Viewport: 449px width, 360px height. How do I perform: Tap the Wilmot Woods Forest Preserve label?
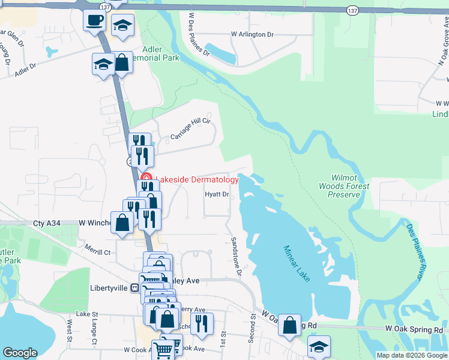pyautogui.click(x=351, y=186)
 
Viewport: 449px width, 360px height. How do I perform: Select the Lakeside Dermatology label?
pyautogui.click(x=197, y=179)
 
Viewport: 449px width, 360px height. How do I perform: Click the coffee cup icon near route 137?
pyautogui.click(x=95, y=20)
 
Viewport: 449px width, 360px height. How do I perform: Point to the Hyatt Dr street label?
pyautogui.click(x=217, y=194)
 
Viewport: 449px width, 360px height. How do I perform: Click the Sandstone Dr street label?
pyautogui.click(x=236, y=256)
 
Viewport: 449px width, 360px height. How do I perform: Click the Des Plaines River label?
pyautogui.click(x=418, y=251)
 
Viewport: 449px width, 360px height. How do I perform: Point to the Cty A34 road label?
pyautogui.click(x=48, y=223)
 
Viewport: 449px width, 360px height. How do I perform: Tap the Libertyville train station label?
pyautogui.click(x=113, y=288)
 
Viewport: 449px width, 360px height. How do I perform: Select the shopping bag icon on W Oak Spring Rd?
pyautogui.click(x=289, y=325)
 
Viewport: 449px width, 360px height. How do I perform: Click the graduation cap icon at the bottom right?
pyautogui.click(x=319, y=346)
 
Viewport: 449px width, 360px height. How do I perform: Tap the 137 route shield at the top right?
pyautogui.click(x=353, y=10)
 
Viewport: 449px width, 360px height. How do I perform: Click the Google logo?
pyautogui.click(x=20, y=352)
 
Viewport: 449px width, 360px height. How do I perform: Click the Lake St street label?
pyautogui.click(x=87, y=314)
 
